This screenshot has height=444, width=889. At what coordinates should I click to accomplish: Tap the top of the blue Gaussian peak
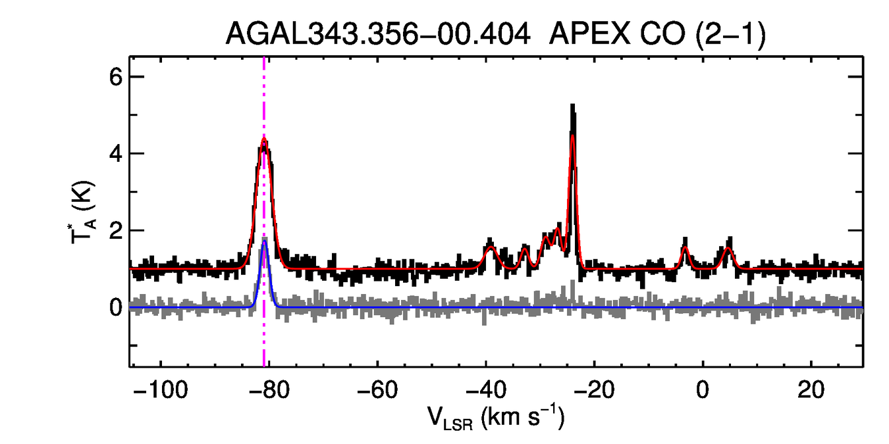[x=264, y=241]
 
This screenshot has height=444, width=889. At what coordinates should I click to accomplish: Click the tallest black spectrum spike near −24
[x=573, y=105]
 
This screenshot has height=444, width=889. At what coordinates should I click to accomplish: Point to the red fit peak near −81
[x=264, y=139]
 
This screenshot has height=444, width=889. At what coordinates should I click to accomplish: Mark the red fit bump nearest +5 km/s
[x=728, y=248]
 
